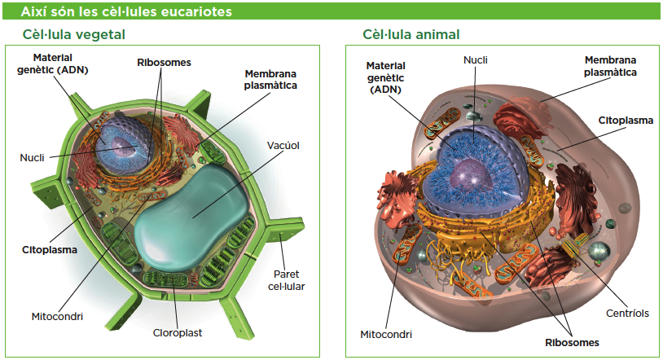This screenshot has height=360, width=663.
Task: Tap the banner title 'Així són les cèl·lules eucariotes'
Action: click(125, 11)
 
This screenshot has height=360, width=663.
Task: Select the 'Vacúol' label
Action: click(283, 146)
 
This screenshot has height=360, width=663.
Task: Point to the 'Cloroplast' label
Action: click(178, 332)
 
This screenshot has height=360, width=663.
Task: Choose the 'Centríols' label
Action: click(627, 313)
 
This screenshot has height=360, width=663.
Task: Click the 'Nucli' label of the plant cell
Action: click(32, 156)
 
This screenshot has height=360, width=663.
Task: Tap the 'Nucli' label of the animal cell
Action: click(476, 59)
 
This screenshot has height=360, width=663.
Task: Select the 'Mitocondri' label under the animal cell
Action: click(386, 334)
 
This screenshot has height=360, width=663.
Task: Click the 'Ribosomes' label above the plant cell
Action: click(164, 62)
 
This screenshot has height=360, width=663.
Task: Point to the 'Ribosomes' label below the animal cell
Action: click(572, 342)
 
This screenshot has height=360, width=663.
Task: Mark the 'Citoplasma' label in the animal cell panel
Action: click(626, 120)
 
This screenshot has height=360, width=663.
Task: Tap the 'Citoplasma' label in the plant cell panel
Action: click(50, 249)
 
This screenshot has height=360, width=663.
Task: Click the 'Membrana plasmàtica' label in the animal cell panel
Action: click(610, 66)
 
